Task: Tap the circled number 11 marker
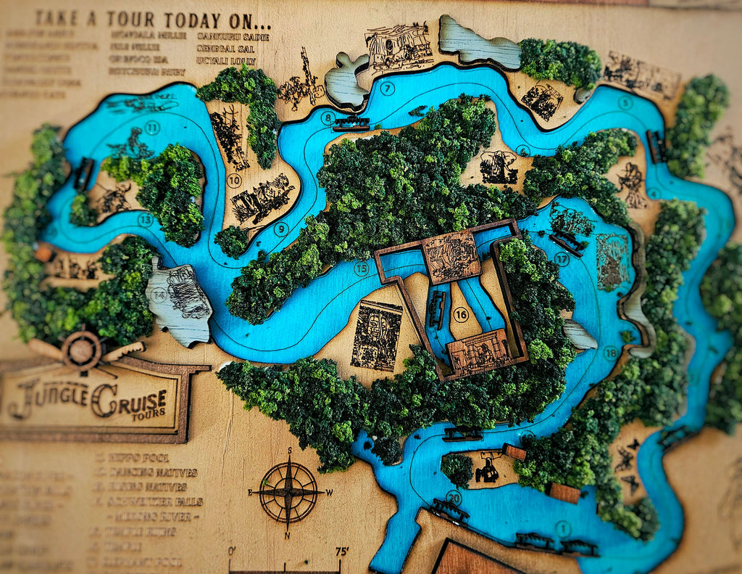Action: tap(152, 128)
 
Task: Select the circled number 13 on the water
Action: tap(146, 218)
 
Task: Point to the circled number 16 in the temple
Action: tap(461, 314)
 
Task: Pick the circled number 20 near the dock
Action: tap(454, 498)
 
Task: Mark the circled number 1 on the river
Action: tap(562, 528)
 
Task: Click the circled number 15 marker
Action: tap(361, 268)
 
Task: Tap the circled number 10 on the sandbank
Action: tap(234, 180)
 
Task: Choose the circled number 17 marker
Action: tap(562, 258)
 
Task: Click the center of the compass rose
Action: tap(288, 492)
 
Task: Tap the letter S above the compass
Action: tap(289, 451)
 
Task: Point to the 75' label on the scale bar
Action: tap(341, 552)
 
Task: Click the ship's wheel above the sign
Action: tap(81, 351)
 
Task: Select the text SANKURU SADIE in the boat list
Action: tap(233, 36)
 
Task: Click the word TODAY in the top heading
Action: tap(188, 20)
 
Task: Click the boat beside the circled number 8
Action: tap(351, 124)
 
